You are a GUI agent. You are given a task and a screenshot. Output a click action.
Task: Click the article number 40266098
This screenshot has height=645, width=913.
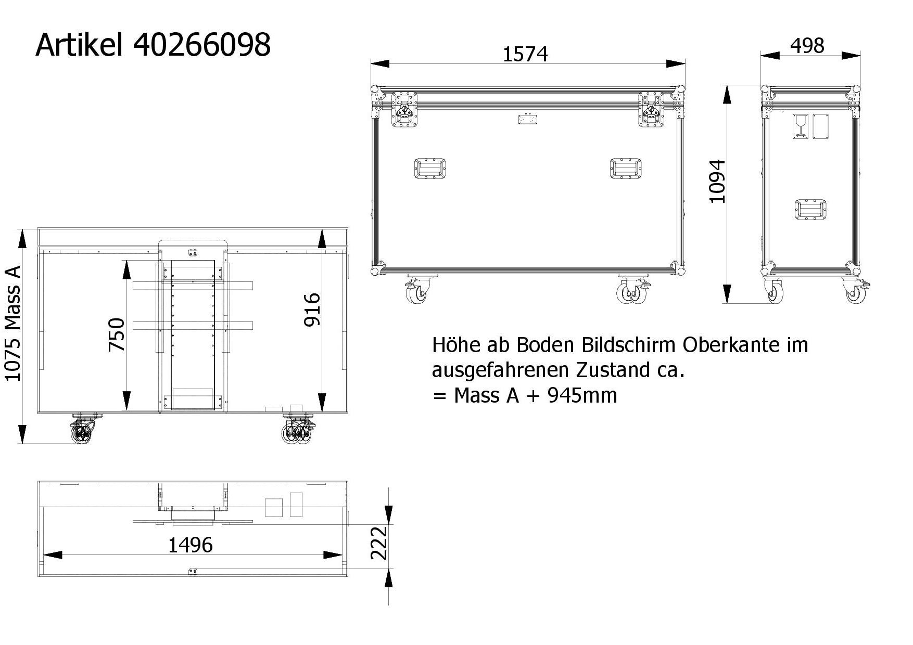click(x=202, y=45)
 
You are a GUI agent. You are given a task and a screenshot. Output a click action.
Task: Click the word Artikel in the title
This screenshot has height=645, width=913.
click(x=79, y=44)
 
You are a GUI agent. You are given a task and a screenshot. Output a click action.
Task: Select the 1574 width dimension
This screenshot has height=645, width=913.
click(x=525, y=55)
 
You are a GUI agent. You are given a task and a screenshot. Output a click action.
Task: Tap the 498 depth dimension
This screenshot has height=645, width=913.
click(x=807, y=46)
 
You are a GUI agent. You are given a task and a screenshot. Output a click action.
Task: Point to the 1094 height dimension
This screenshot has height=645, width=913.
click(x=717, y=181)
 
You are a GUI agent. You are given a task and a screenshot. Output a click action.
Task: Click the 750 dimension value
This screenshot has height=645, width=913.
click(x=117, y=334)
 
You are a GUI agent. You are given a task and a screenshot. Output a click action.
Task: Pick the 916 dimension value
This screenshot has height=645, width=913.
click(x=312, y=309)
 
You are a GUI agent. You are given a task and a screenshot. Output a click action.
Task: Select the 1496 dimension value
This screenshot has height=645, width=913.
click(x=191, y=545)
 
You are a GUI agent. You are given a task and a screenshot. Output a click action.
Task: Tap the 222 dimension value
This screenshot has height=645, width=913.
click(x=379, y=543)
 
